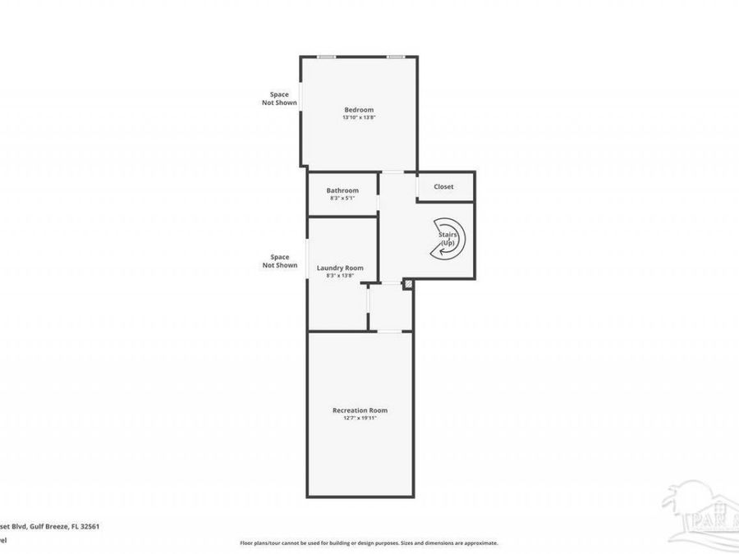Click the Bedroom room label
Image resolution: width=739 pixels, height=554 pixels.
click(x=359, y=110)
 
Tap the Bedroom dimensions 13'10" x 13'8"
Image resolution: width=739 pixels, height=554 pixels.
click(x=359, y=118)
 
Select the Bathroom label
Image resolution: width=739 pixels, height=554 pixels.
click(x=342, y=190)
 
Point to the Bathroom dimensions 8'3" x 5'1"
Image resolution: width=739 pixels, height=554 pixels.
click(x=342, y=198)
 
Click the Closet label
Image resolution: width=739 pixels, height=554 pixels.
click(x=443, y=187)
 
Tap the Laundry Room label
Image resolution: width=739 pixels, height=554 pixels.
click(x=340, y=268)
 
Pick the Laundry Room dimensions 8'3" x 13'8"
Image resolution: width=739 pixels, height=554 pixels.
click(x=340, y=276)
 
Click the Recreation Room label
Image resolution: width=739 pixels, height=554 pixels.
click(x=360, y=410)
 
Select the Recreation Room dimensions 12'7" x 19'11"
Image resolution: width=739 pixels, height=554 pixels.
click(x=360, y=418)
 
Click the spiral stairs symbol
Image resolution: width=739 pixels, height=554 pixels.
click(x=449, y=239)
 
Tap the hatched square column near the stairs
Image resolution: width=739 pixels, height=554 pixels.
click(x=407, y=284)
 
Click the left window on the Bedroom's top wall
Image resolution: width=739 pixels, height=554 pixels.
click(x=327, y=57)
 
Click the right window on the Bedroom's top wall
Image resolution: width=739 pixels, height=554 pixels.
click(x=397, y=57)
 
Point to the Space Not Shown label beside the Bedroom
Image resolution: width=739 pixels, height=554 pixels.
click(x=279, y=98)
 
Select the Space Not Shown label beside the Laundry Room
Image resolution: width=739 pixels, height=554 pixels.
click(x=279, y=261)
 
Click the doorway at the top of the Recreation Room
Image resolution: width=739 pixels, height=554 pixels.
click(x=394, y=332)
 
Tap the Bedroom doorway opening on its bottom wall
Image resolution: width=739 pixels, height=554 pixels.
click(x=392, y=172)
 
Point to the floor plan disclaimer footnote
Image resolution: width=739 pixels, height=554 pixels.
click(x=369, y=543)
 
